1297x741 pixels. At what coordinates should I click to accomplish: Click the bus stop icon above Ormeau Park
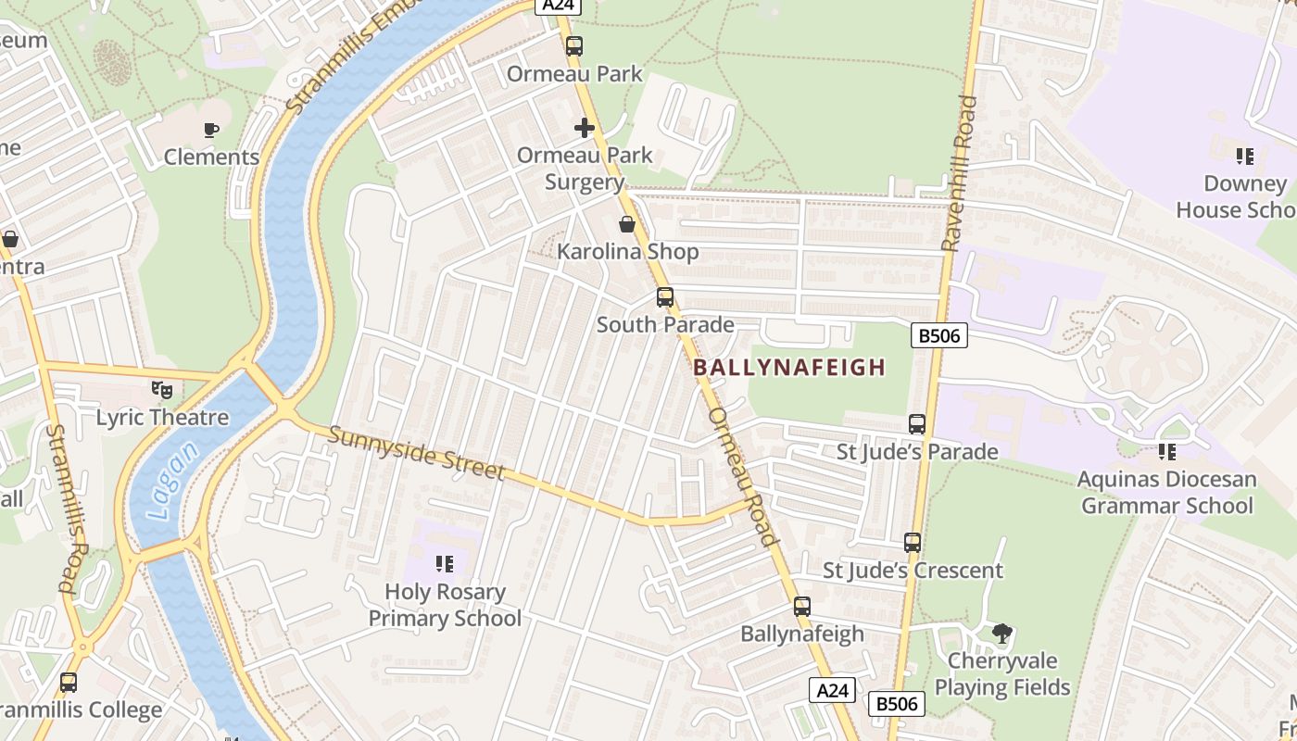(574, 45)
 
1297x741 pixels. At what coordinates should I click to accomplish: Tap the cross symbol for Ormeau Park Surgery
(585, 128)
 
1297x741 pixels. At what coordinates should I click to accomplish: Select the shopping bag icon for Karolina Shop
(627, 224)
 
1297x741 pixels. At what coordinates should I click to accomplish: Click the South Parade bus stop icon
(665, 297)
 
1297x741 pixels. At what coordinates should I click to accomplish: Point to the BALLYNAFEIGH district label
(789, 368)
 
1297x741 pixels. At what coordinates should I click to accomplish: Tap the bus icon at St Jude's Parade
(917, 424)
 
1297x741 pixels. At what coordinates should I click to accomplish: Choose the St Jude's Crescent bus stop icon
(913, 543)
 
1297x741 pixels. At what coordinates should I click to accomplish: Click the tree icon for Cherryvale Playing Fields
(1001, 634)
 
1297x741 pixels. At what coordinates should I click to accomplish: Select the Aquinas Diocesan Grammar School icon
(1166, 452)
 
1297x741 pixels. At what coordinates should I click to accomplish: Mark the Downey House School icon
(1244, 157)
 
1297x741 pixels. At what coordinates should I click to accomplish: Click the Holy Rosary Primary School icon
(445, 564)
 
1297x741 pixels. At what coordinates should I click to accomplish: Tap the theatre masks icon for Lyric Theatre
(162, 390)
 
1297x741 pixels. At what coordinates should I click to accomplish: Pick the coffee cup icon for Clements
(211, 130)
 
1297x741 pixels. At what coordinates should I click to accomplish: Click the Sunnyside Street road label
(416, 454)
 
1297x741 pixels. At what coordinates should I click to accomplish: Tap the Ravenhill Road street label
(960, 173)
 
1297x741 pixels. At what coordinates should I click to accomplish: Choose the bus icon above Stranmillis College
(69, 683)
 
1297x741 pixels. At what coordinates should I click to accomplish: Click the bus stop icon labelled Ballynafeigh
(802, 607)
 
